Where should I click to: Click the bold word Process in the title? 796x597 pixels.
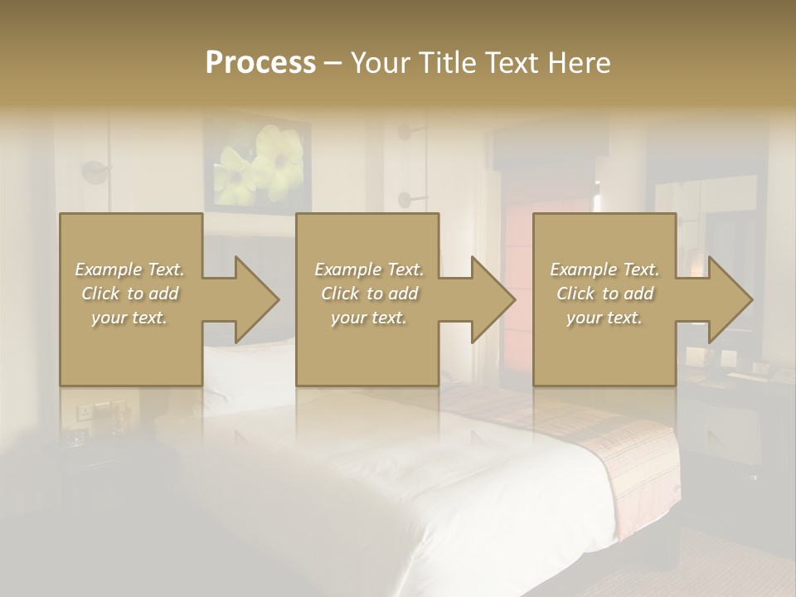pyautogui.click(x=260, y=63)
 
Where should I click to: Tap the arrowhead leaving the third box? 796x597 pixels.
pyautogui.click(x=729, y=299)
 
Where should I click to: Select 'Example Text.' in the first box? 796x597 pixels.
pyautogui.click(x=129, y=269)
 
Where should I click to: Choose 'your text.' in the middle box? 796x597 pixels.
pyautogui.click(x=368, y=318)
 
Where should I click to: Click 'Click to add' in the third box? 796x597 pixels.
pyautogui.click(x=605, y=294)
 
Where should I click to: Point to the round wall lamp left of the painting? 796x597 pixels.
pyautogui.click(x=95, y=172)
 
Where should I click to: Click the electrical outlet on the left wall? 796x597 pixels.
pyautogui.click(x=85, y=411)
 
